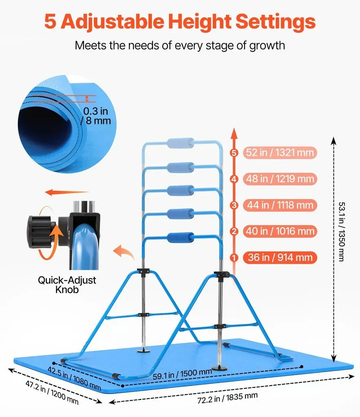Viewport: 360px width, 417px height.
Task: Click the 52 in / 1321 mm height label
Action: click(x=280, y=153)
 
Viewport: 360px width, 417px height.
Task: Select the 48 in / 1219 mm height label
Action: click(x=280, y=179)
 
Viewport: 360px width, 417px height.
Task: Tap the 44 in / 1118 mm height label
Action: click(x=280, y=205)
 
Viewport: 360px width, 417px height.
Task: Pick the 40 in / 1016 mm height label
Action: click(x=280, y=231)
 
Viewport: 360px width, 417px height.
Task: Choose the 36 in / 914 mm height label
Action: click(x=280, y=257)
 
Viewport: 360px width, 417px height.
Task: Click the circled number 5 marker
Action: click(x=234, y=153)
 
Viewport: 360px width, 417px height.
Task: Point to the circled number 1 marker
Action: click(x=234, y=258)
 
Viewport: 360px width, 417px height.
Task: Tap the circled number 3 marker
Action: click(x=234, y=205)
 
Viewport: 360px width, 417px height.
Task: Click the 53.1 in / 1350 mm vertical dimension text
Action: click(x=342, y=232)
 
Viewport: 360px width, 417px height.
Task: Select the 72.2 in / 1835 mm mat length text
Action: click(x=227, y=398)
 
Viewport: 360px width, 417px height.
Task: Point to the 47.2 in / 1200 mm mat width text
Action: click(x=52, y=392)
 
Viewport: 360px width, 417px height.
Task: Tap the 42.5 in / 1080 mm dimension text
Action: click(x=74, y=378)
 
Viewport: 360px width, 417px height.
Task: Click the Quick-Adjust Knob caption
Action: click(x=67, y=285)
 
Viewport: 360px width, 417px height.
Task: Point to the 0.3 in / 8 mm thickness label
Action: click(x=96, y=116)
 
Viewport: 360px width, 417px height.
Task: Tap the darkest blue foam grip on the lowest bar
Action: click(x=181, y=237)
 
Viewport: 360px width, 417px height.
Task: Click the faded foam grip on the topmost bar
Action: click(x=181, y=143)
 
